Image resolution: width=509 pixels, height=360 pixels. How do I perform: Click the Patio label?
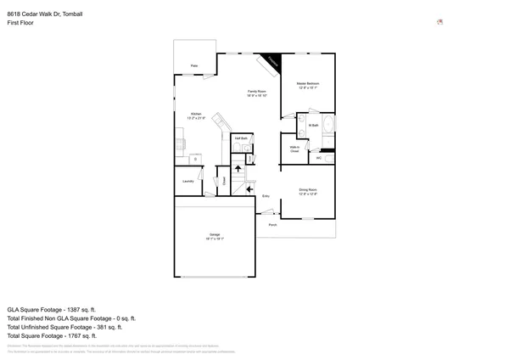(x=194, y=65)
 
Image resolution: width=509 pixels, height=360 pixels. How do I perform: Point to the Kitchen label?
(x=196, y=115)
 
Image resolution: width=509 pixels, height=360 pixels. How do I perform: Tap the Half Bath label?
(x=242, y=138)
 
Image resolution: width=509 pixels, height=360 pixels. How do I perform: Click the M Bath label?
(x=313, y=125)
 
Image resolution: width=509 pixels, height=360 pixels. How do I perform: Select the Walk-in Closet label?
(x=294, y=149)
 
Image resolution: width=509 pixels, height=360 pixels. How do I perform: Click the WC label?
(x=319, y=157)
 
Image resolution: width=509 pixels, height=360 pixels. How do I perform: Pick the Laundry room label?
(x=188, y=181)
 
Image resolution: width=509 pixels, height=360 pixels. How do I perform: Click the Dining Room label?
(x=307, y=191)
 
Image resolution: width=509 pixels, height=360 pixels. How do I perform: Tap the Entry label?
(x=266, y=196)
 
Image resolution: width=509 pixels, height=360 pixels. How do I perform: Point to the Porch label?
(x=272, y=225)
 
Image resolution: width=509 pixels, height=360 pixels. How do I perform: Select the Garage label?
(x=215, y=235)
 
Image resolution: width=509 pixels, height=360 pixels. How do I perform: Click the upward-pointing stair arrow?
(x=238, y=168)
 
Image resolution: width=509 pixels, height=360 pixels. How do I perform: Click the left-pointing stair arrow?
(x=249, y=188)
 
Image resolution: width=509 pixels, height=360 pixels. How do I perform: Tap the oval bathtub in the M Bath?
(x=329, y=125)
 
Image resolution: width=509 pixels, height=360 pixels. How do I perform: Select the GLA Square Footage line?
(x=52, y=310)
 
